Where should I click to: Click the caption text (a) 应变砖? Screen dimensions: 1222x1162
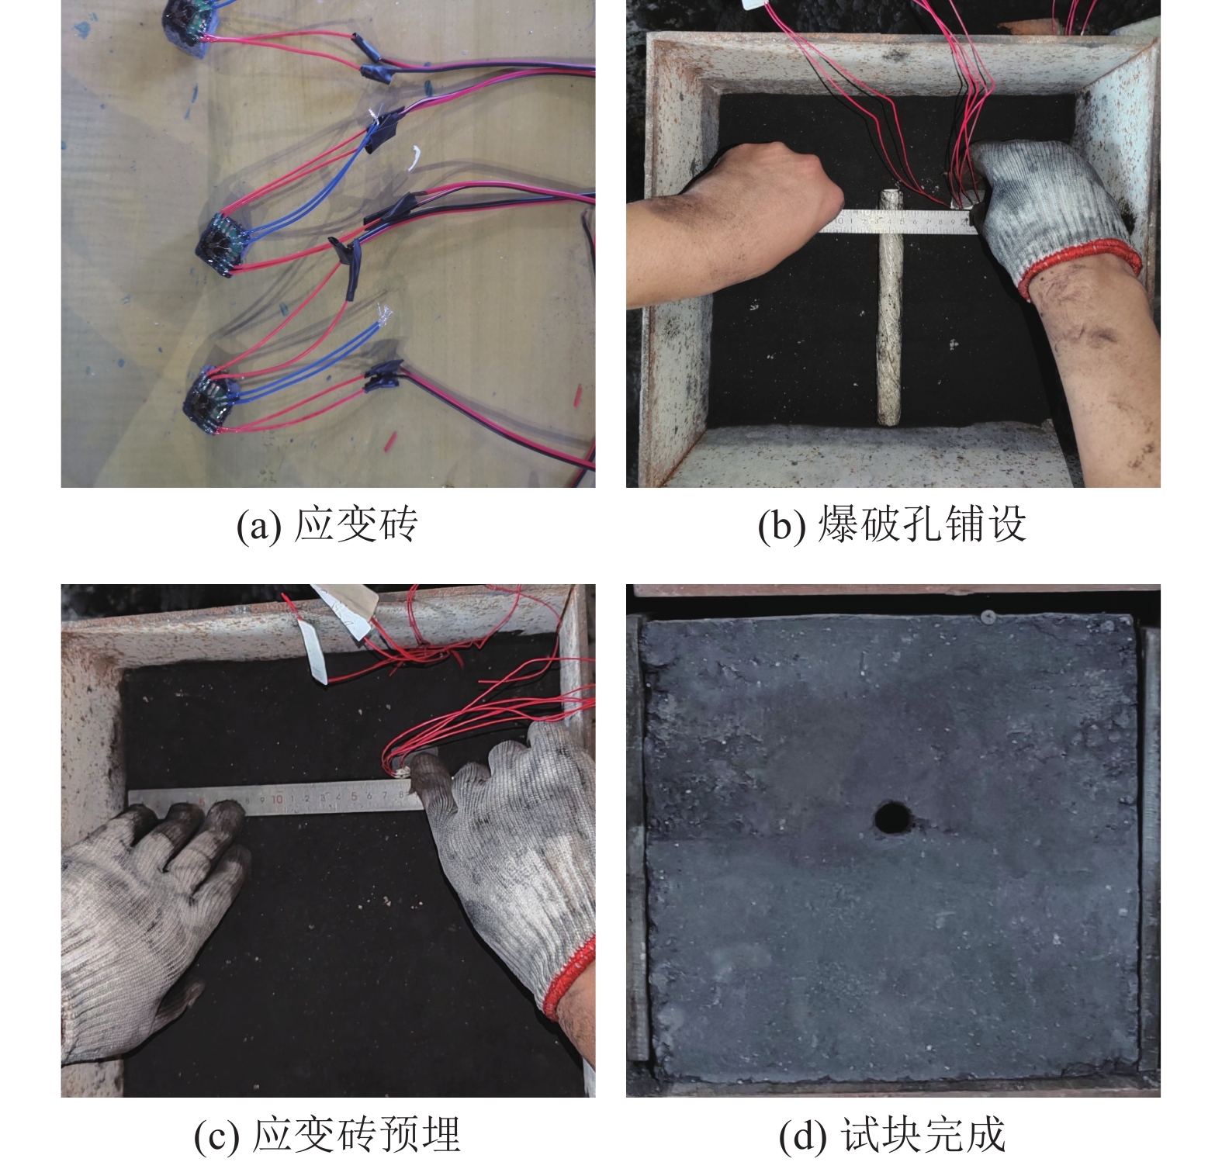coord(327,524)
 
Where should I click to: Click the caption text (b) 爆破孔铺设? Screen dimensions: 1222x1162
coord(892,524)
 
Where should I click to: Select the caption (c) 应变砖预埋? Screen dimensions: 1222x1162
coord(327,1135)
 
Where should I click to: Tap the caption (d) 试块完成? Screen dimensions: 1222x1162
coord(892,1135)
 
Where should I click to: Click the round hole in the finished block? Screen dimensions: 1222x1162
coord(892,818)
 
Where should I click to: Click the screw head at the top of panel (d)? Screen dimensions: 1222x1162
coord(988,617)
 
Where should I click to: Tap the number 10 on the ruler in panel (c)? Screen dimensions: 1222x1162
coord(276,799)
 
